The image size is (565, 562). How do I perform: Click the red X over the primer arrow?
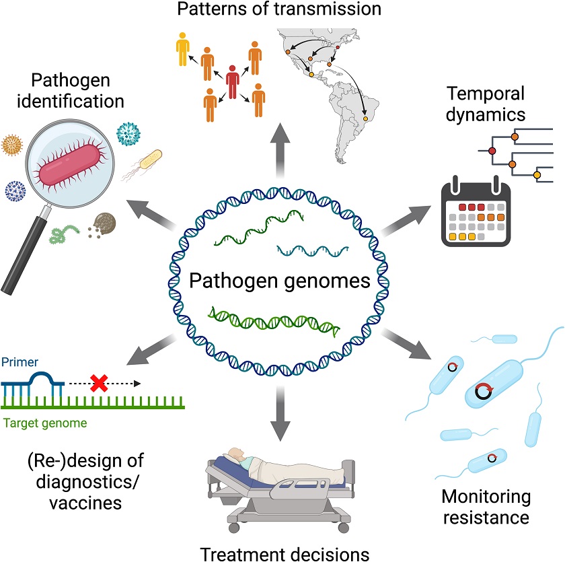point(99,384)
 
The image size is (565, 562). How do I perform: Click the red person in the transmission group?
point(232,85)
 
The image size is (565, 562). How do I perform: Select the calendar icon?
point(475,211)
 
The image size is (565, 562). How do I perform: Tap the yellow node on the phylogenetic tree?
point(537,176)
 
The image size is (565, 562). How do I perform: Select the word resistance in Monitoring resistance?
point(486,518)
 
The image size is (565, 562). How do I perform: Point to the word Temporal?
point(484,93)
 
